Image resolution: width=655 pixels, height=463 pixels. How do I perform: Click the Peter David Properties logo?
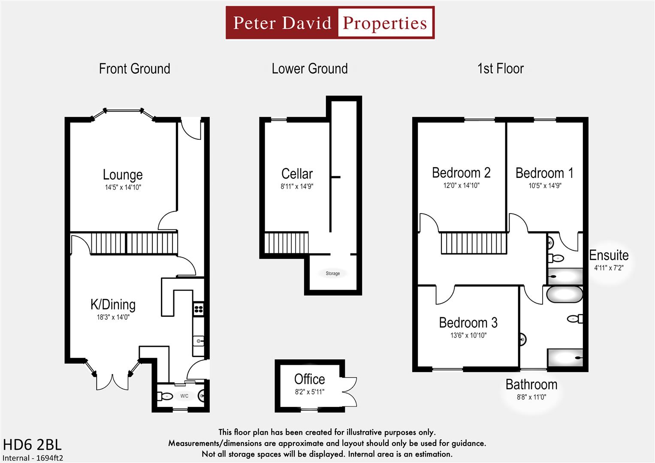[x=330, y=23]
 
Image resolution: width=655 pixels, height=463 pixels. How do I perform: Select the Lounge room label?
[x=123, y=174]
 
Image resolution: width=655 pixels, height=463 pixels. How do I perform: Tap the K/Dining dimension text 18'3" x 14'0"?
[x=113, y=317]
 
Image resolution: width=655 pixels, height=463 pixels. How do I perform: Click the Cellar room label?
[x=297, y=174]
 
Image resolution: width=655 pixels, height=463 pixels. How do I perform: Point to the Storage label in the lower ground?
[x=332, y=273]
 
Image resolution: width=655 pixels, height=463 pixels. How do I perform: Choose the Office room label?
[x=309, y=379]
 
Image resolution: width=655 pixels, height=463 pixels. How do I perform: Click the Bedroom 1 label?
[x=544, y=173]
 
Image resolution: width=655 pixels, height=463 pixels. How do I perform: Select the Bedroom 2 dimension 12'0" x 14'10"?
[x=461, y=186]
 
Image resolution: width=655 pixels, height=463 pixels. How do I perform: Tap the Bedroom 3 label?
[x=468, y=322]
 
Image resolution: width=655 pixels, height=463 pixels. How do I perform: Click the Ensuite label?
[x=608, y=255]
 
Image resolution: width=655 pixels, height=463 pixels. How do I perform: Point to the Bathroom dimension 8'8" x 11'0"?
[x=531, y=397]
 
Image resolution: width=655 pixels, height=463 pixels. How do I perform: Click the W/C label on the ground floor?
[x=184, y=396]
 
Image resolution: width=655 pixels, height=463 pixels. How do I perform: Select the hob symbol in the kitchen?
[x=198, y=308]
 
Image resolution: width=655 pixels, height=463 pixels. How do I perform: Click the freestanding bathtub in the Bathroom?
[x=564, y=295]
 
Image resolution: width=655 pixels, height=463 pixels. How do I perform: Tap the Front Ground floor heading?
[x=134, y=69]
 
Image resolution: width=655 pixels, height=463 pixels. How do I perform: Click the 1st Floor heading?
[x=500, y=69]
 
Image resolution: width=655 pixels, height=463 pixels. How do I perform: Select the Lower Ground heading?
[x=309, y=69]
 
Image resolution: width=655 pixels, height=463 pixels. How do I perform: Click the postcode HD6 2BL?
[x=32, y=444]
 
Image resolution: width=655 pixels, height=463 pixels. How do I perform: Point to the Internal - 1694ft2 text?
[x=33, y=458]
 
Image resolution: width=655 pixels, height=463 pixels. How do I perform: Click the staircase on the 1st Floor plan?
[x=474, y=243]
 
